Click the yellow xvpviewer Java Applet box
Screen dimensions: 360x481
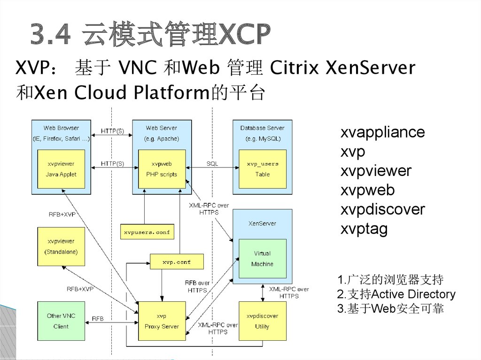(x=61, y=169)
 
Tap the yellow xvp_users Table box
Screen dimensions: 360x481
(x=262, y=169)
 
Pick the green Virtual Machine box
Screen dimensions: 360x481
(x=262, y=259)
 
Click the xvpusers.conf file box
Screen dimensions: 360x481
(x=147, y=232)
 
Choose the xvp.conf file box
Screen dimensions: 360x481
(x=177, y=262)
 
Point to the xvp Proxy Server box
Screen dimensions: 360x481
(x=162, y=321)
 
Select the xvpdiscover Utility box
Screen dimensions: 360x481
(x=262, y=321)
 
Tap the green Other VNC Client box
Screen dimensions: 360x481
(x=61, y=321)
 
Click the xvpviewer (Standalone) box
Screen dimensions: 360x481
(x=61, y=246)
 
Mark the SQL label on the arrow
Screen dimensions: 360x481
(x=212, y=164)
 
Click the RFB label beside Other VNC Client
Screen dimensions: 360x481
(x=98, y=319)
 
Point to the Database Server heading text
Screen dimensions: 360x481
(x=262, y=128)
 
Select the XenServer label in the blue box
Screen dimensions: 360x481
(x=262, y=223)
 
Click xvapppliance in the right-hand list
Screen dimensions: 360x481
(x=382, y=132)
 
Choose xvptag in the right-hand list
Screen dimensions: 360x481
(x=364, y=229)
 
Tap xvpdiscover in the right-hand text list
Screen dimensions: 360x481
(x=382, y=209)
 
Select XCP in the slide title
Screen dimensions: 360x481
(x=244, y=35)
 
